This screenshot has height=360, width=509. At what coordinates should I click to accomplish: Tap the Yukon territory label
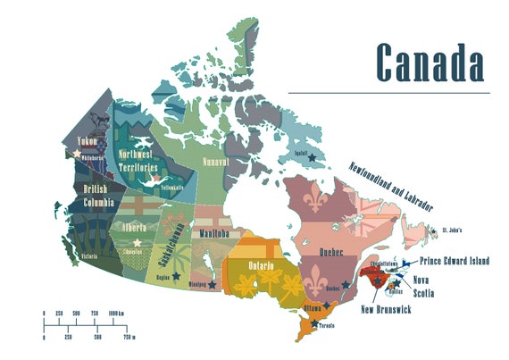click(86, 141)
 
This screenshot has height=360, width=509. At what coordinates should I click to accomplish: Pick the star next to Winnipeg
click(212, 285)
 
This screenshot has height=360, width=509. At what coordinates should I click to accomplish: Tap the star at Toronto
click(314, 322)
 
